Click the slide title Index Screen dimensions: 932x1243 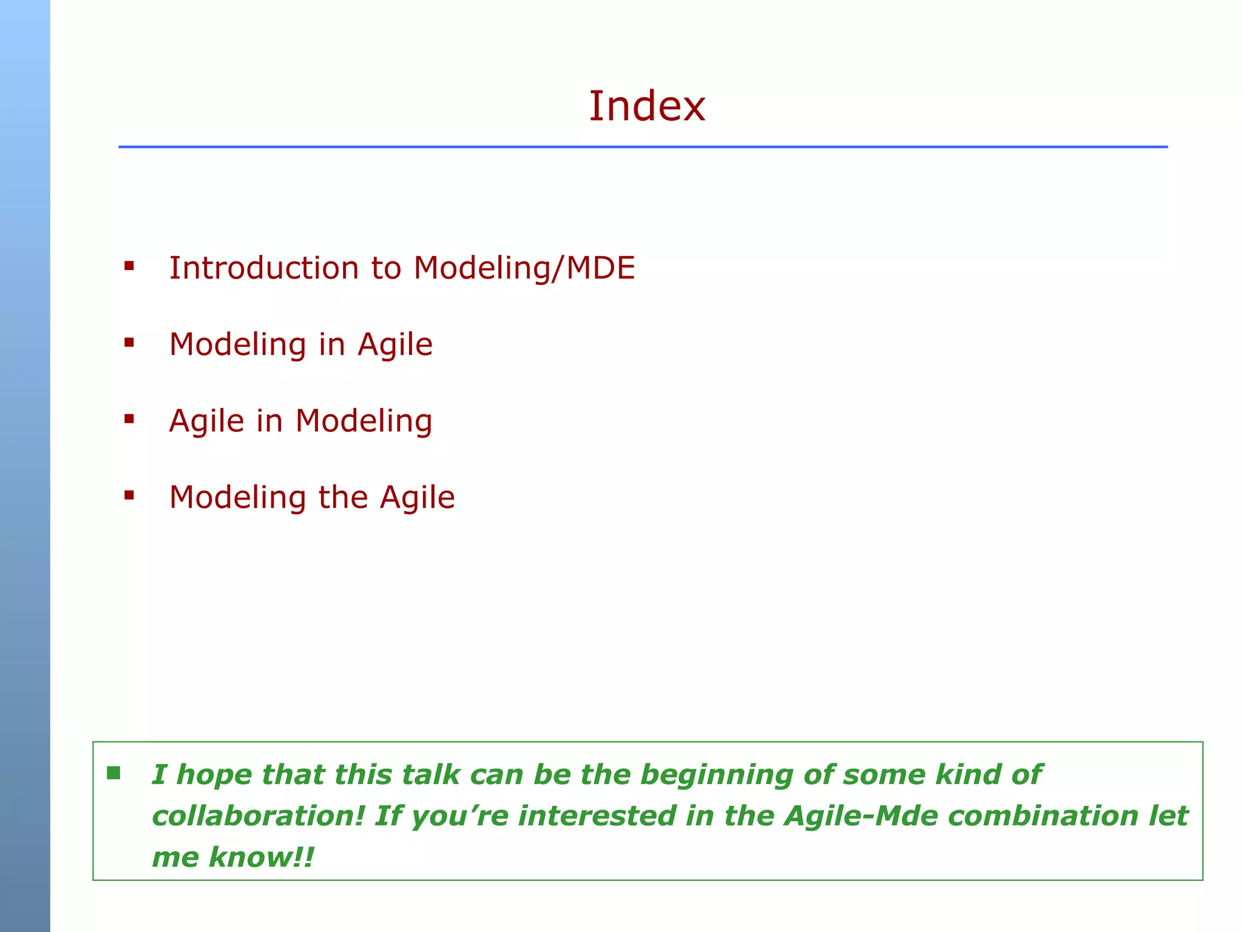[647, 106]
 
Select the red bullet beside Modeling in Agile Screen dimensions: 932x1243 [129, 342]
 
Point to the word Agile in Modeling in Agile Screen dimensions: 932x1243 [395, 344]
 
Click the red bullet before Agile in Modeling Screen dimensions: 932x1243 [129, 419]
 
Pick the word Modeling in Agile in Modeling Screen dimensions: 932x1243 [364, 421]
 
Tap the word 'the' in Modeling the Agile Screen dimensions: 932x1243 [344, 497]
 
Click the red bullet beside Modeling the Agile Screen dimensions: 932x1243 [129, 495]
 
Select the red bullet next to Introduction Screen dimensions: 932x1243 [129, 265]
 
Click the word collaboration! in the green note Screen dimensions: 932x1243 [257, 816]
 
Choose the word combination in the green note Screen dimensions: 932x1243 [1043, 816]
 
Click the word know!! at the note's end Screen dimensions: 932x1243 [262, 857]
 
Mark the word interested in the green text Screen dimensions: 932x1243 [597, 816]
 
